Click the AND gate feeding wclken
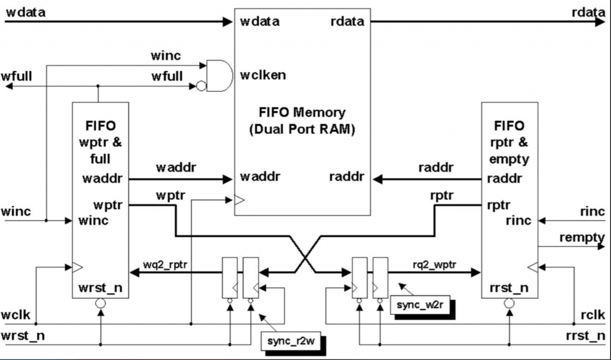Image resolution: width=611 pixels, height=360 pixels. (218, 75)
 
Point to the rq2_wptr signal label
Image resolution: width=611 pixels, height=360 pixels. (434, 263)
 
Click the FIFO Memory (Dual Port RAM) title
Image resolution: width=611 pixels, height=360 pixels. (302, 119)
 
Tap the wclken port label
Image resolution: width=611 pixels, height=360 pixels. (263, 75)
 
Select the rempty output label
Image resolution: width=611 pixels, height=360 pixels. (582, 238)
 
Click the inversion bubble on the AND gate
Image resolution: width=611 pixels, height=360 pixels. (201, 87)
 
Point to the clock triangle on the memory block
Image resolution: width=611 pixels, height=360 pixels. (239, 201)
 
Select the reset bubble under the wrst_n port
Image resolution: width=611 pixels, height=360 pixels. (100, 303)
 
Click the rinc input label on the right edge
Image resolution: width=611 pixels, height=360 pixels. (592, 212)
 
